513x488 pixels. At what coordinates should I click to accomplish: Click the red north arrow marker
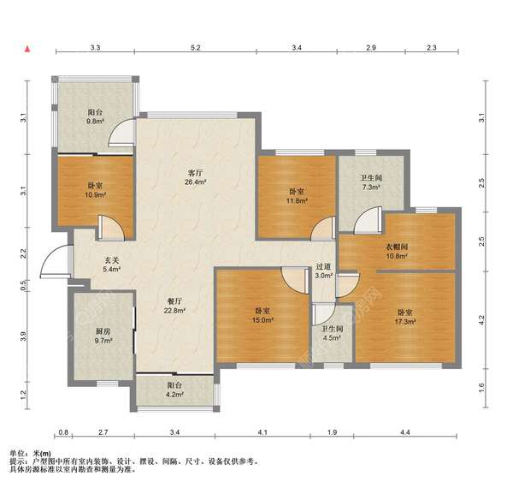pos(27,49)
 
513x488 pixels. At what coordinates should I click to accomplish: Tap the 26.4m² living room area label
pos(195,177)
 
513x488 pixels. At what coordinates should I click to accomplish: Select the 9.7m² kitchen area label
pos(103,336)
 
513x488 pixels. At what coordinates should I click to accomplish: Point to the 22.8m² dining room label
pos(174,306)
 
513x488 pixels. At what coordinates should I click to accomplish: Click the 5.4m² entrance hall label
pos(111,265)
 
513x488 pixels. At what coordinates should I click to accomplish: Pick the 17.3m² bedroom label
pos(405,317)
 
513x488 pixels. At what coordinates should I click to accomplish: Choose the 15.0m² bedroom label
pos(262,315)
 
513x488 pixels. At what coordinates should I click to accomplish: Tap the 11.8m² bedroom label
pos(297,196)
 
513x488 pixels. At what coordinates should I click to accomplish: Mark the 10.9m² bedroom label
pos(95,190)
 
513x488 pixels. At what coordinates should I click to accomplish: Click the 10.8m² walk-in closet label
pos(397,251)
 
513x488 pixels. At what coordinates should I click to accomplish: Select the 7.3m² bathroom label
pos(371,182)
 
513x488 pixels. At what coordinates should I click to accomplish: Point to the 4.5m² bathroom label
pos(332,333)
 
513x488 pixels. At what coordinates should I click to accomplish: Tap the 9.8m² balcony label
pos(95,116)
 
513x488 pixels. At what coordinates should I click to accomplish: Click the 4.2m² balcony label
pos(174,390)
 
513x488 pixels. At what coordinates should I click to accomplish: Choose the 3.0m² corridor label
pos(323,271)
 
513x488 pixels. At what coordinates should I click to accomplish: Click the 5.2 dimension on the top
pos(195,47)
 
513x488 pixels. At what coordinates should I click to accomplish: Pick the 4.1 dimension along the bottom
pos(262,432)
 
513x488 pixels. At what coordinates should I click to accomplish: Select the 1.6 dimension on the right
pos(481,388)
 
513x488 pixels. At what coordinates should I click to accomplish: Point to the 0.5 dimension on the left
pos(23,285)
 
